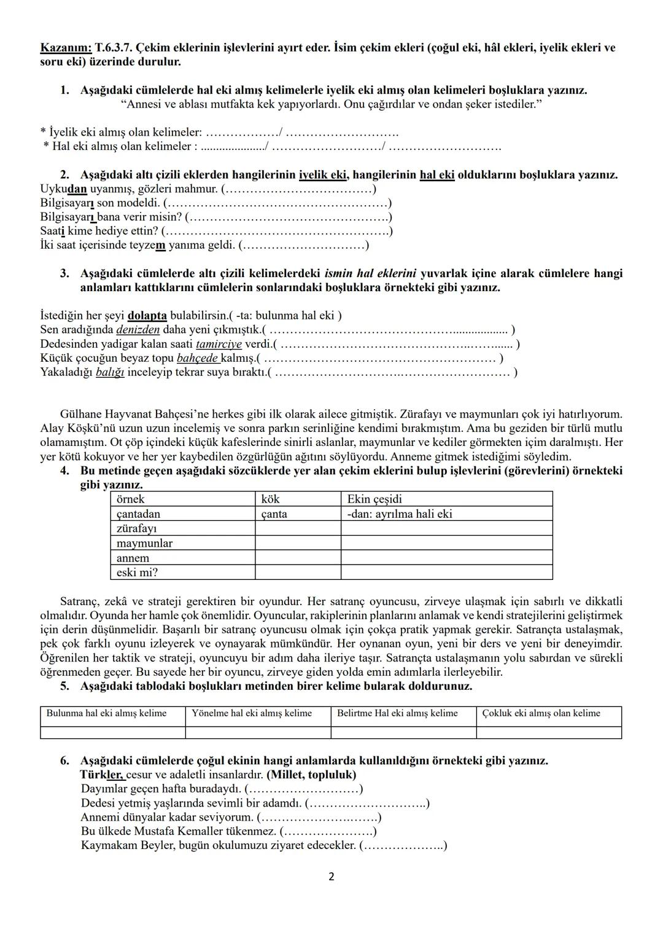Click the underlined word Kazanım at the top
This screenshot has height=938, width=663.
click(66, 47)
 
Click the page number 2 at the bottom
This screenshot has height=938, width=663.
click(331, 877)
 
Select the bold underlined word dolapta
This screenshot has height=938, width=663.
click(147, 315)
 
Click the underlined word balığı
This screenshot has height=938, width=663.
click(110, 372)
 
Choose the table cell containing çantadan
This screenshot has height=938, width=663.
click(183, 514)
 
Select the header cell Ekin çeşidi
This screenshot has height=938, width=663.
click(446, 499)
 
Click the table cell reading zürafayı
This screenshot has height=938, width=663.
click(183, 528)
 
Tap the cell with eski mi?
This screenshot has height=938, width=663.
click(183, 573)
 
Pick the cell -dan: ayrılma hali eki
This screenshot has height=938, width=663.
click(446, 514)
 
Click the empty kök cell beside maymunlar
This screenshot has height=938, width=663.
click(298, 543)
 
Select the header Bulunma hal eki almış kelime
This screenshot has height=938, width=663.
click(112, 714)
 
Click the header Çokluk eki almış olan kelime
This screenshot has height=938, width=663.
click(549, 714)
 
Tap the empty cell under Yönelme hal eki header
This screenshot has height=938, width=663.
click(258, 732)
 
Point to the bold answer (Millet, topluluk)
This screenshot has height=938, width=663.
click(312, 775)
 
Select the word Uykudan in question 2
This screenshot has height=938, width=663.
click(63, 189)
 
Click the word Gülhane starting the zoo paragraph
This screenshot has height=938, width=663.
click(82, 414)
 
